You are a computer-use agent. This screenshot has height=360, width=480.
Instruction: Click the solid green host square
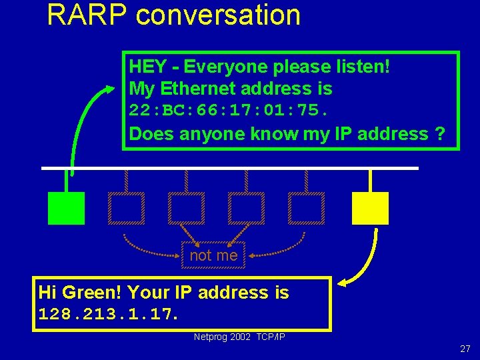[67, 208]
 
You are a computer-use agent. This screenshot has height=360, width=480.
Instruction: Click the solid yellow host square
[370, 208]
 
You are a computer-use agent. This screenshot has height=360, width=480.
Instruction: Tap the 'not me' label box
[213, 255]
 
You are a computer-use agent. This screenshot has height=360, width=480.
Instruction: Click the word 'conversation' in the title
[218, 15]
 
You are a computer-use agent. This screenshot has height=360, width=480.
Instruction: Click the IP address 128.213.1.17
[109, 313]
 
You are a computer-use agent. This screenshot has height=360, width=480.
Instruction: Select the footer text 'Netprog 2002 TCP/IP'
[239, 337]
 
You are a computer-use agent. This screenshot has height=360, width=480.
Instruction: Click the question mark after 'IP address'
[439, 134]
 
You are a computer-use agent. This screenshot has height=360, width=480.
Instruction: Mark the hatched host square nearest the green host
[127, 208]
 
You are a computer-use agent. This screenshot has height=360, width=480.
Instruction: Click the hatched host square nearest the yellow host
[307, 208]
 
